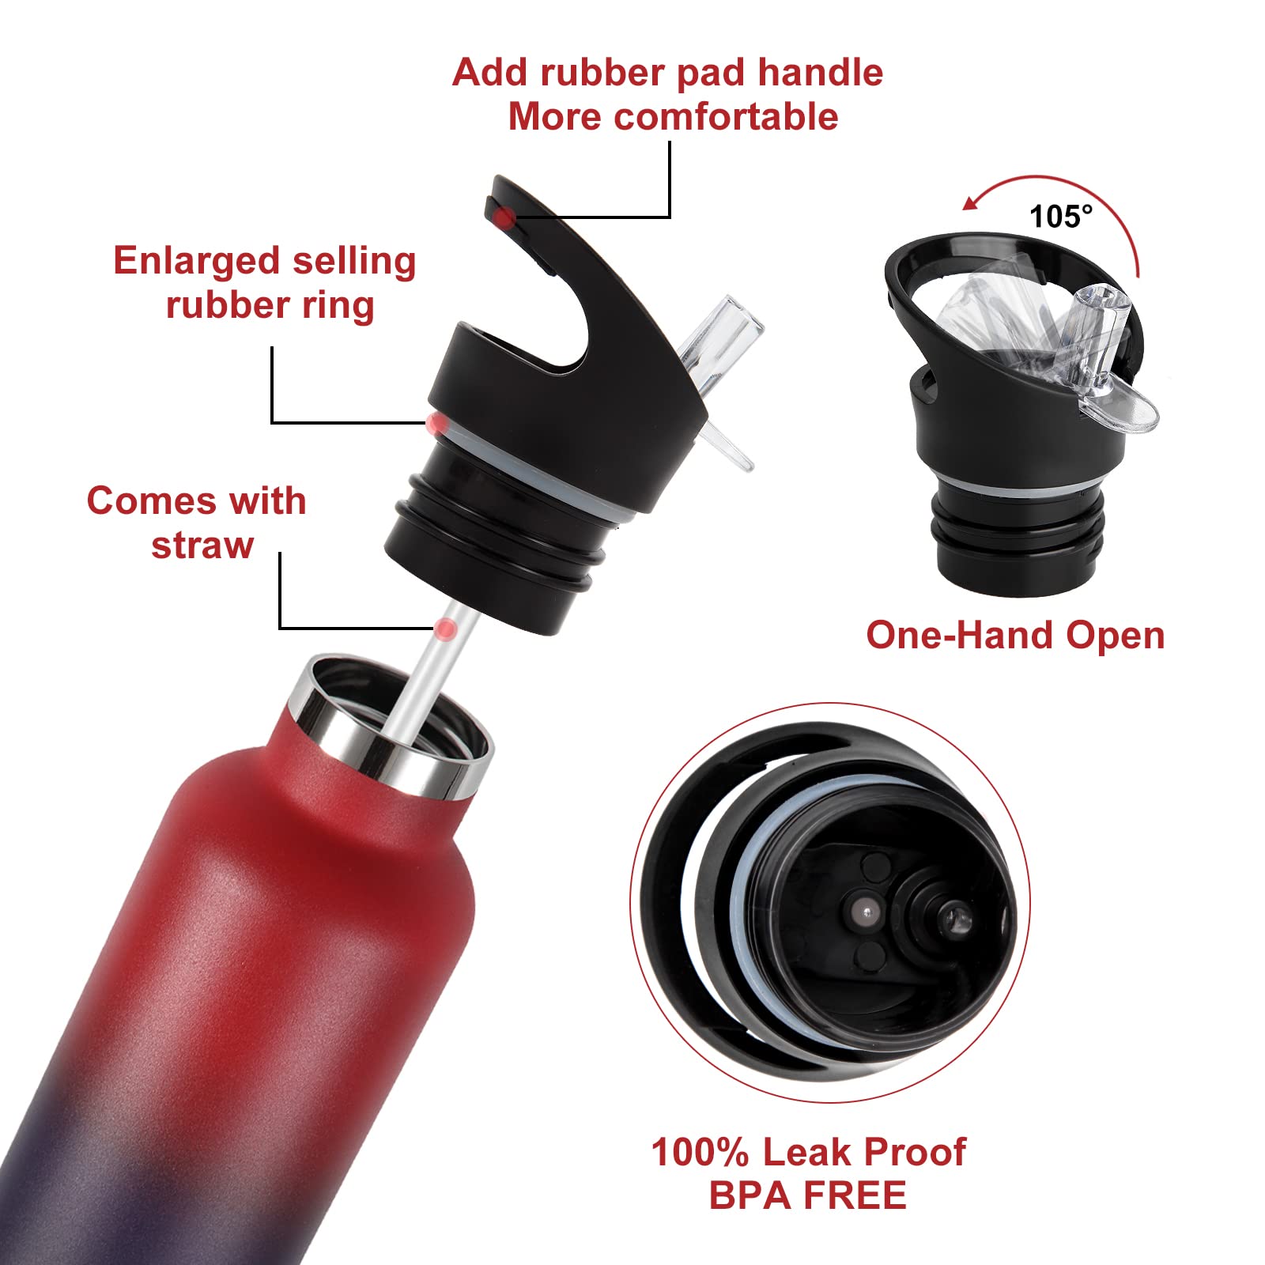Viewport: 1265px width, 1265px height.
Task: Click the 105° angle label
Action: [x=1060, y=217]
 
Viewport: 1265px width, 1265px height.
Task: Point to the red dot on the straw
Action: [x=446, y=629]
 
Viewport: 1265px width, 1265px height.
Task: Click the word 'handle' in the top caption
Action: [x=821, y=73]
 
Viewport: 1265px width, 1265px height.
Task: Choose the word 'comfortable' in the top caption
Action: [x=726, y=117]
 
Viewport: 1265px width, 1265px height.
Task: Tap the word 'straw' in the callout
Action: [x=202, y=546]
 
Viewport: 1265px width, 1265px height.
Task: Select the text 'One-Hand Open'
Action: [x=1015, y=636]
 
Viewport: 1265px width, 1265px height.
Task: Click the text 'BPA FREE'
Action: [x=807, y=1195]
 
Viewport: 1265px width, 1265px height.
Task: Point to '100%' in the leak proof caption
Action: [x=700, y=1153]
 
